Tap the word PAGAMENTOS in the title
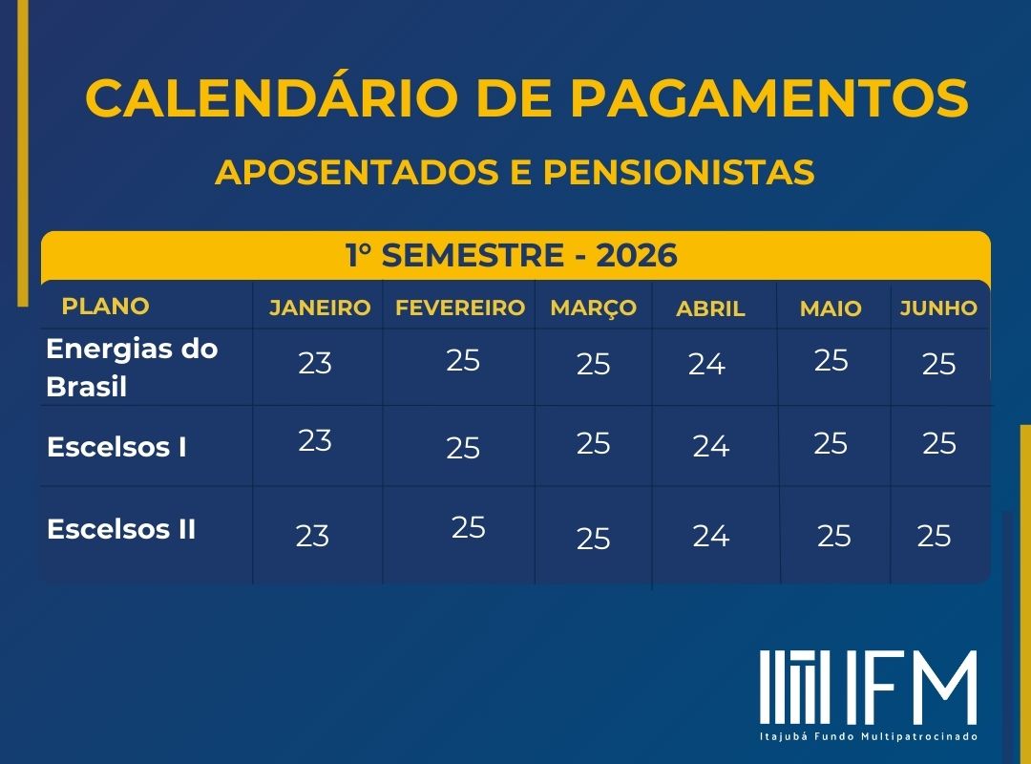(x=768, y=98)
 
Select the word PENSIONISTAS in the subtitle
(x=679, y=173)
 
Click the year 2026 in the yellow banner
(x=637, y=255)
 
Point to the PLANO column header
(x=106, y=306)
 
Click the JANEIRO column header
(x=320, y=308)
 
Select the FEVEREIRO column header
(x=460, y=308)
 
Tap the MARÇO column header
(x=594, y=308)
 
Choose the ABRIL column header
(x=711, y=308)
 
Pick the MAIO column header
(x=831, y=308)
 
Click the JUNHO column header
(x=939, y=308)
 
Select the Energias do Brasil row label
(x=132, y=368)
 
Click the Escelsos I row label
(x=117, y=448)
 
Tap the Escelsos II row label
(x=121, y=529)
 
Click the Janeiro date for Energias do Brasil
(x=315, y=363)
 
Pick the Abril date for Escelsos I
(x=711, y=447)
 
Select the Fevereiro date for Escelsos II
(x=468, y=528)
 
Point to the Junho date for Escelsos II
(x=935, y=537)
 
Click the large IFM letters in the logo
(x=912, y=688)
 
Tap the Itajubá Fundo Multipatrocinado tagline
(x=869, y=736)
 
